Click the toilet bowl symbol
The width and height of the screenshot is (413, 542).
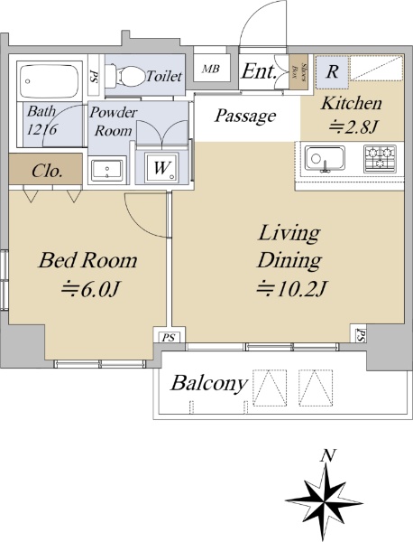coord(125,76)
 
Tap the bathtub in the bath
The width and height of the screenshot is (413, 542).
coord(50,81)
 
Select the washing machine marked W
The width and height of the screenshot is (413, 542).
coord(161,168)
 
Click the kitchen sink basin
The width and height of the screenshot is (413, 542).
coord(325,159)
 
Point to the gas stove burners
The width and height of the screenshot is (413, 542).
coord(380,159)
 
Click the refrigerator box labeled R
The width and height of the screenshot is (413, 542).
coord(332,71)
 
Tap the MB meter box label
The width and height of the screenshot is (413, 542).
coord(211,69)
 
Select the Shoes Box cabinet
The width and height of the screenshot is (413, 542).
coord(298,71)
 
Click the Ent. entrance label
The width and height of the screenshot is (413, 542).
coord(259,71)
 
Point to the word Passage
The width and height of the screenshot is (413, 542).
coord(245,116)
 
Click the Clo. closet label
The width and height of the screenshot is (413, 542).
coord(47,171)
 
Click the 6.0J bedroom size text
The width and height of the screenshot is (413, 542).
coord(90,289)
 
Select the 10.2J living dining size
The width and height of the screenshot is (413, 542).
coord(291,289)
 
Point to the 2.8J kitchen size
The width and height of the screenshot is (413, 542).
coord(352,127)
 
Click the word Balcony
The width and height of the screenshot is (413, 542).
coord(209,383)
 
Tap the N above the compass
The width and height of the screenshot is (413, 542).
coord(327,456)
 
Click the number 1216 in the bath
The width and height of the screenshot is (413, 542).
coord(41,129)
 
